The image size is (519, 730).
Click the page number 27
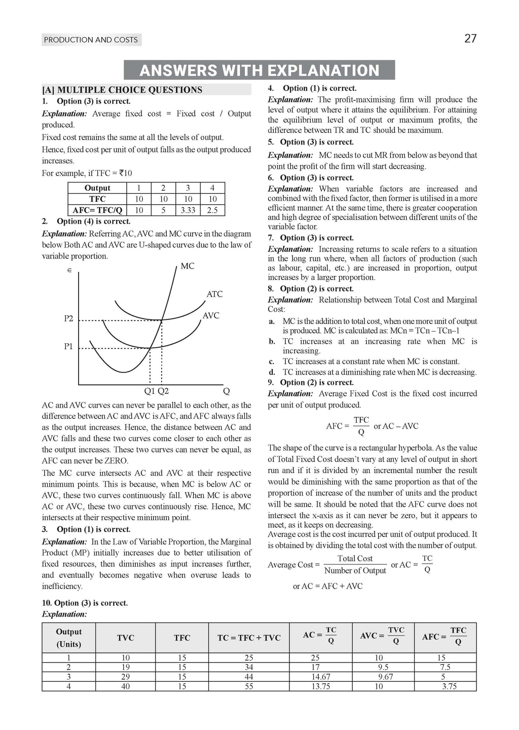[470, 39]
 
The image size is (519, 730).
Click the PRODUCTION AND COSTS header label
[91, 40]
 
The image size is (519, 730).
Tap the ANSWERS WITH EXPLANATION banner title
[259, 70]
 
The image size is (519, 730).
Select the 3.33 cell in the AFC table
[188, 210]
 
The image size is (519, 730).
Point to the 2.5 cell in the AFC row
[212, 210]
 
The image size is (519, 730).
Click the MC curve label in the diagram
[188, 266]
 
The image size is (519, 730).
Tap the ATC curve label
[214, 294]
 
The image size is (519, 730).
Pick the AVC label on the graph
[211, 315]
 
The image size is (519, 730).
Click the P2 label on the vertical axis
[68, 318]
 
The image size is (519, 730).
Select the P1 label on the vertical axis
[68, 347]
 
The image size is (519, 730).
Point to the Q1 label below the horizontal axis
[150, 391]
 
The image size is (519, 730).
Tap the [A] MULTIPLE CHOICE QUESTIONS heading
[123, 90]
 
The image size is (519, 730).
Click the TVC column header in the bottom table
[126, 638]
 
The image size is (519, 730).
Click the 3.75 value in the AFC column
[449, 686]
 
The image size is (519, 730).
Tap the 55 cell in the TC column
[249, 686]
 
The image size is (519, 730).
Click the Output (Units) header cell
[69, 638]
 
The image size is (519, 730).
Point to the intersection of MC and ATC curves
[162, 320]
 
